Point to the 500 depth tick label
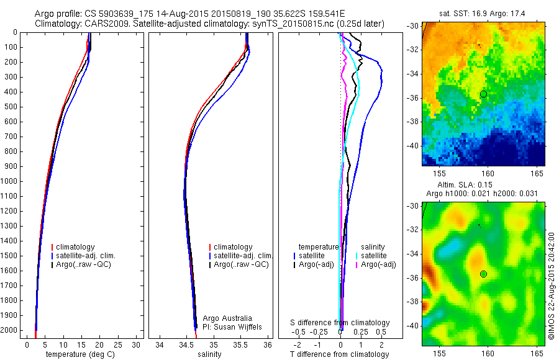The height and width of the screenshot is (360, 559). coord(9,107)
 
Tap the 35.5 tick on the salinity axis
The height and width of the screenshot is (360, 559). coord(241,345)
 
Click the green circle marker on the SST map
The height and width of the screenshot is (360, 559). coord(483,94)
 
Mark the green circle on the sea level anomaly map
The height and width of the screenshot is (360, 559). coord(483,274)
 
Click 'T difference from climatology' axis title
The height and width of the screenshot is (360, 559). coord(339,354)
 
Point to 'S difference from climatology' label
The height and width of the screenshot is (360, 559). coord(340,323)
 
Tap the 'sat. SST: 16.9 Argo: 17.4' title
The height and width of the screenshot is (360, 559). coord(479,12)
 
